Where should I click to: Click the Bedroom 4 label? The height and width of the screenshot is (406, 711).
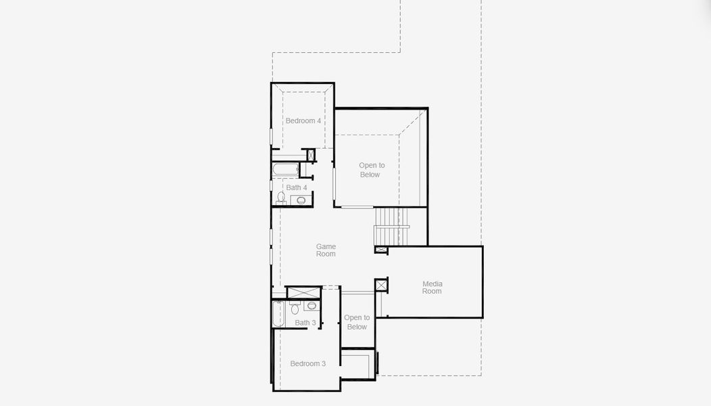[303, 121]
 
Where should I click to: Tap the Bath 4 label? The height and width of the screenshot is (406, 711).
[296, 187]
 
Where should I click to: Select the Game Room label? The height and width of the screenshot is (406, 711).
[326, 250]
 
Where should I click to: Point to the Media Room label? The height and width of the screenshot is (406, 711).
[432, 288]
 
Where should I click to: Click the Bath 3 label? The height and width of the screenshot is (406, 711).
[305, 323]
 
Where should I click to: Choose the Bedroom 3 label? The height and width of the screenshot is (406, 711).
[308, 363]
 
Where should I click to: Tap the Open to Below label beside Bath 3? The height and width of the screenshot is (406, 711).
[357, 322]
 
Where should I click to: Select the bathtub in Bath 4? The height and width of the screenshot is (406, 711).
[286, 169]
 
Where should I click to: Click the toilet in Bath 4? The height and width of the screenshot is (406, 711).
[281, 198]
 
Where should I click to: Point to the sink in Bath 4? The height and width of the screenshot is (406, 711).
[301, 200]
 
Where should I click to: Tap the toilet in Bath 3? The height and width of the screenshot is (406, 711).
[295, 309]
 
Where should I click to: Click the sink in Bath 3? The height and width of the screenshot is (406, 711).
[312, 306]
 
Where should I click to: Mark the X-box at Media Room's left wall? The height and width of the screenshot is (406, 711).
[381, 286]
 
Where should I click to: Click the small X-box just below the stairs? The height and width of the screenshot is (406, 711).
[381, 250]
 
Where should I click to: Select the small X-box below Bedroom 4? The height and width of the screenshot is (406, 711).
[311, 155]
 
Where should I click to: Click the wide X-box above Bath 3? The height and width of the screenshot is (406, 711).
[303, 292]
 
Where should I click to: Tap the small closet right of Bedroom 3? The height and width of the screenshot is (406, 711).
[358, 364]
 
